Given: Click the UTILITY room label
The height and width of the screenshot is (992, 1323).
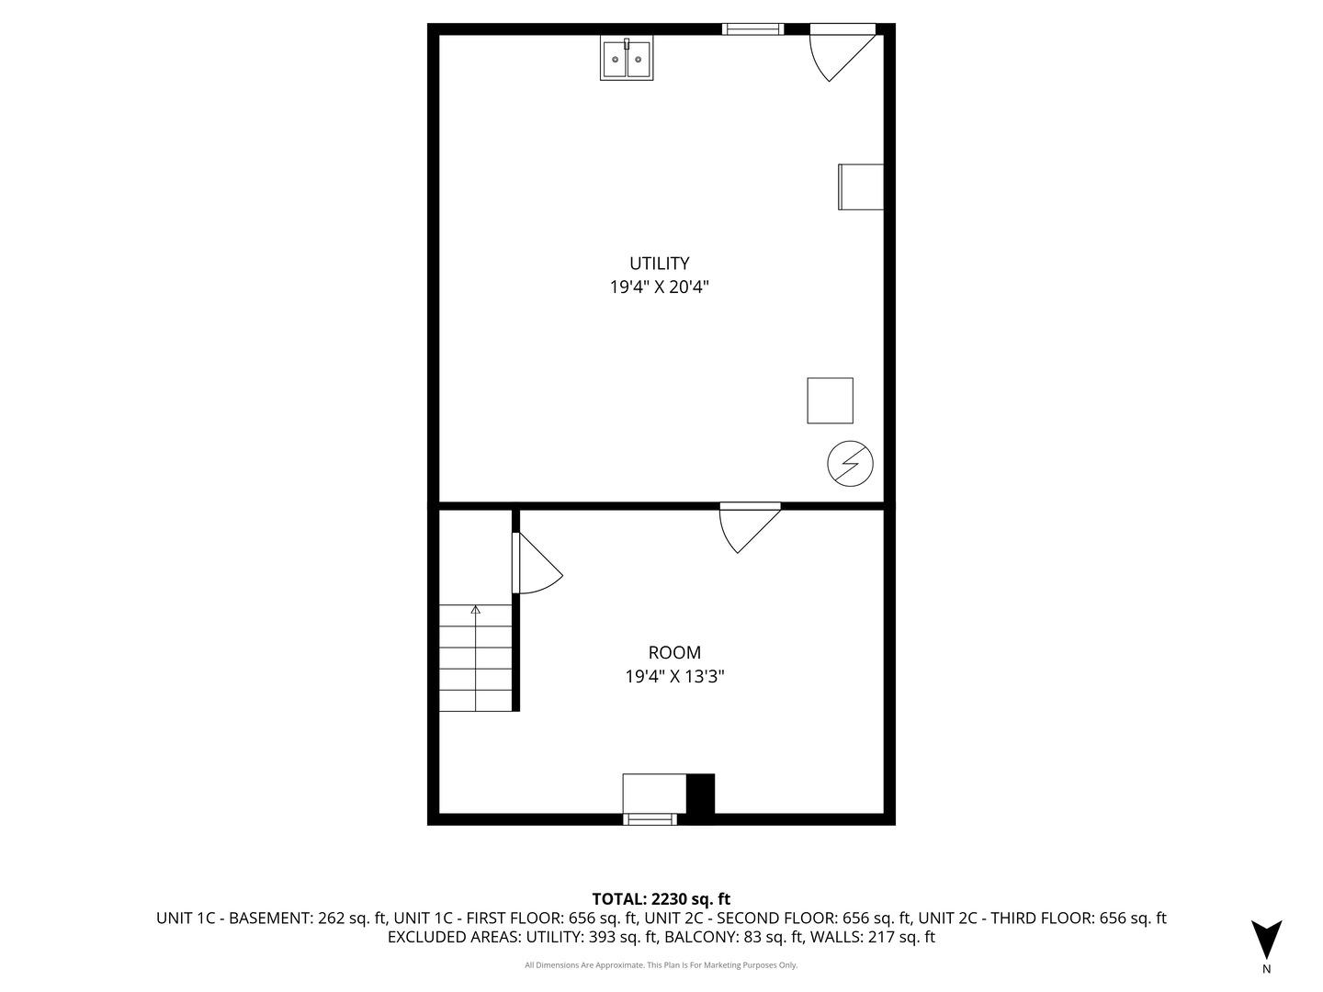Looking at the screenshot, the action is [x=660, y=264].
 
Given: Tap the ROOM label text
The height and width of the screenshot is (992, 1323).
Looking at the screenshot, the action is [x=674, y=652].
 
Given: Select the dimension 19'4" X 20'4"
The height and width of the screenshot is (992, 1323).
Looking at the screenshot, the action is [x=660, y=287].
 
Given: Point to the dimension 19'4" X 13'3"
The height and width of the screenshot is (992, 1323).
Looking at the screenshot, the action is [x=674, y=676].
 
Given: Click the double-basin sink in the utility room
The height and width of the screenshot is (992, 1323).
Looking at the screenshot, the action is [x=627, y=58].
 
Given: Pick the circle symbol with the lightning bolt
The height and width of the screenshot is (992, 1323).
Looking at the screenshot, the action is [x=850, y=464].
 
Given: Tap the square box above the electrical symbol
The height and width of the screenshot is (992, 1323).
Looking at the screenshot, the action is [x=830, y=400].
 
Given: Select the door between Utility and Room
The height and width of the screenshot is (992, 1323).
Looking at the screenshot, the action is [x=750, y=527].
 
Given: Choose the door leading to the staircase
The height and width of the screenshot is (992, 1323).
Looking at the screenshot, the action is [x=537, y=562].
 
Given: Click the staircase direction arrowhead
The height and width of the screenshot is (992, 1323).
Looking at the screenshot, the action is [x=476, y=610].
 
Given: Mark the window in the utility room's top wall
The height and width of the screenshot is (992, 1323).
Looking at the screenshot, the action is [x=752, y=28].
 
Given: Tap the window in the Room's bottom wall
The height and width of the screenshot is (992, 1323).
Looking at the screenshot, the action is [x=650, y=819].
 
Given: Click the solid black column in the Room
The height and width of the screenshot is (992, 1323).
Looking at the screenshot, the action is [x=700, y=794].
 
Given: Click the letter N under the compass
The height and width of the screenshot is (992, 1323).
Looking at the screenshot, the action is [x=1266, y=969].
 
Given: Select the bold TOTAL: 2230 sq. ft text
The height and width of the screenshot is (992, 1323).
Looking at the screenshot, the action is [x=661, y=899].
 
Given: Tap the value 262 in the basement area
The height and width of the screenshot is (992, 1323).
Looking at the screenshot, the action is [x=331, y=918].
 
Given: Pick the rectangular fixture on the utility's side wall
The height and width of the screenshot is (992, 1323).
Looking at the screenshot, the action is [x=861, y=186].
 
